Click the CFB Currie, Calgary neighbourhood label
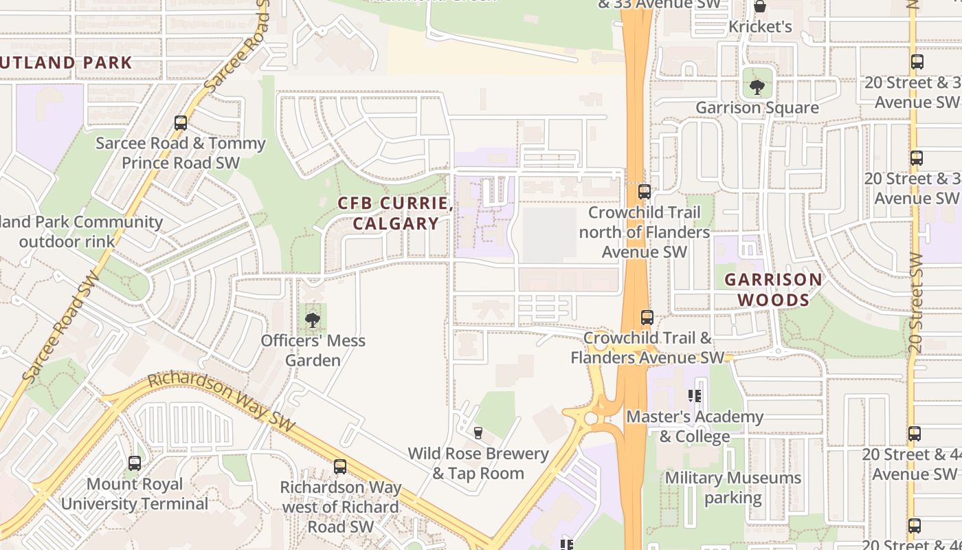point(395,214)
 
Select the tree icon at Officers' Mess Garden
point(313,320)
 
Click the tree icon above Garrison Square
point(757,87)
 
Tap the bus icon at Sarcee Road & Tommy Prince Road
point(181,123)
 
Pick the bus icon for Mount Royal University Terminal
point(135,463)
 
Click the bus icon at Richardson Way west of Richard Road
point(340,467)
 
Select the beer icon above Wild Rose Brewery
point(478,432)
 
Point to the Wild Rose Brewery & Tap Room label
point(478,463)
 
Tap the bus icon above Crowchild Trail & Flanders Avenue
point(647,317)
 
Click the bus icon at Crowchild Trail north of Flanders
point(644,192)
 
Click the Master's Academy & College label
point(695,426)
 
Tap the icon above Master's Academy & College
point(695,396)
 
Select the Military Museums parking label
point(732,487)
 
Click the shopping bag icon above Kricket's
point(760,7)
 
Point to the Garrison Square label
point(757,108)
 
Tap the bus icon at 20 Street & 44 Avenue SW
point(914,434)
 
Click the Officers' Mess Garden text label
point(313,351)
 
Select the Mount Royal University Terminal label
point(135,494)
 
